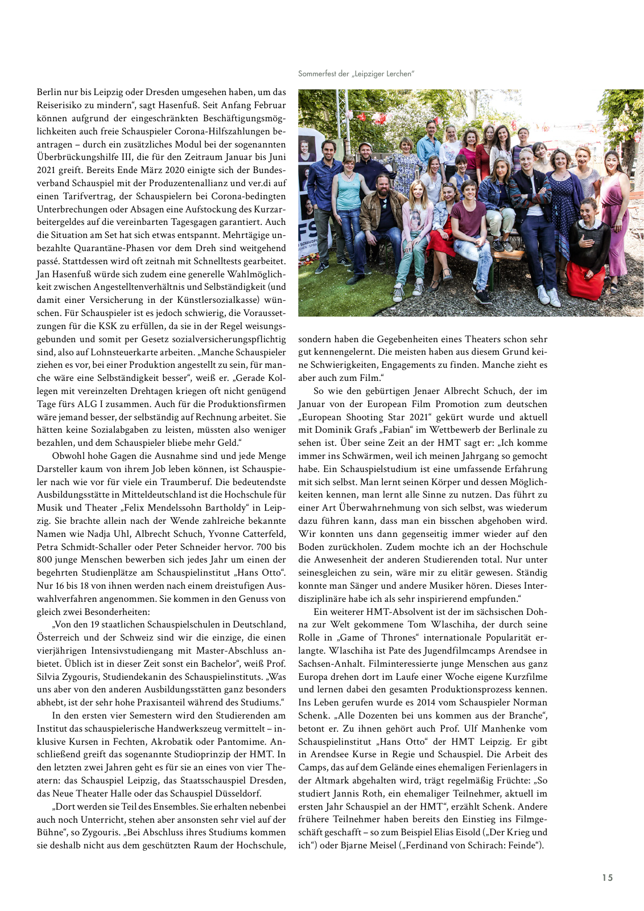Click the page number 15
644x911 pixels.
click(x=608, y=877)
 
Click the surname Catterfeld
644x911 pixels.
click(x=264, y=534)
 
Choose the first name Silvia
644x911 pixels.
click(x=50, y=676)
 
